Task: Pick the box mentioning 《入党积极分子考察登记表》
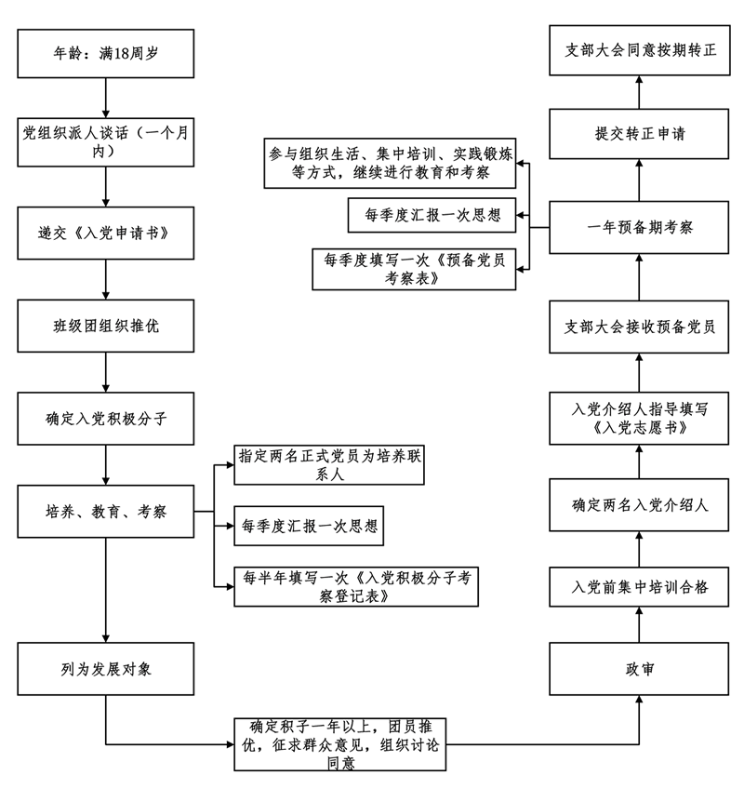pyautogui.click(x=356, y=585)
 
